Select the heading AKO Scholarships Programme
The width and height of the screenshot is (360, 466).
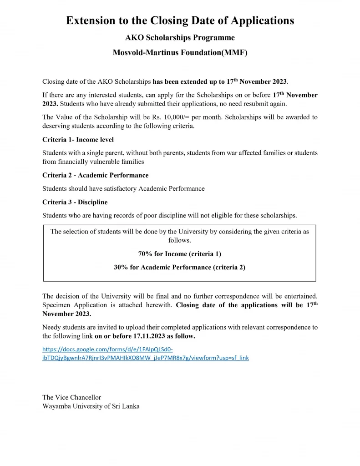pyautogui.click(x=180, y=38)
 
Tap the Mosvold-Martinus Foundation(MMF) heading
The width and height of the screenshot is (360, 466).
pyautogui.click(x=180, y=53)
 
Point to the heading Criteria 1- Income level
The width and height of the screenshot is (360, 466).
pyautogui.click(x=78, y=139)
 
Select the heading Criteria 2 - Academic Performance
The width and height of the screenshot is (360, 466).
pyautogui.click(x=95, y=175)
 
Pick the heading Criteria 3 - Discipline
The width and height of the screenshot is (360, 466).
pyautogui.click(x=75, y=202)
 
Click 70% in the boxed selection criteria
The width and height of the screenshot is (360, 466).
pyautogui.click(x=145, y=254)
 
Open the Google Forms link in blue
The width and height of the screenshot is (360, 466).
pyautogui.click(x=145, y=354)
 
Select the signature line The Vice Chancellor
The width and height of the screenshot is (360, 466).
pyautogui.click(x=71, y=397)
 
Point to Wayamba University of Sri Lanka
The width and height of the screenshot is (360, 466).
pyautogui.click(x=91, y=406)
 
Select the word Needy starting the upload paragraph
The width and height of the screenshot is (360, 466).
pyautogui.click(x=52, y=327)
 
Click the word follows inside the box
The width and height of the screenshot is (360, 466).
pyautogui.click(x=179, y=240)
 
